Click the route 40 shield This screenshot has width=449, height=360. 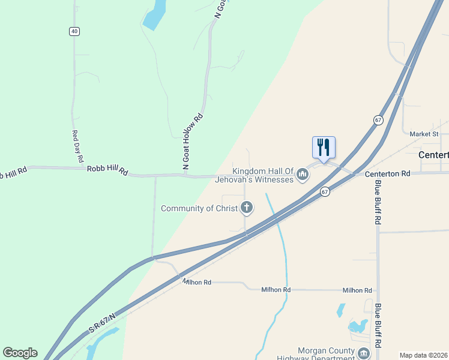coord(74,31)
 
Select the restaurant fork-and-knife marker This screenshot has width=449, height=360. coord(324,147)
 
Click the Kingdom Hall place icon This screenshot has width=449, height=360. coord(303,175)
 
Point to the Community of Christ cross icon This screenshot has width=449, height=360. coord(246,208)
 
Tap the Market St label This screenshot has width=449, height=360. coord(424,134)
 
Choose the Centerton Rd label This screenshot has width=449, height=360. coord(387,173)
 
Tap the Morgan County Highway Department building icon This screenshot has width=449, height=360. coord(364,353)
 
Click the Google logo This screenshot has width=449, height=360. coord(20,353)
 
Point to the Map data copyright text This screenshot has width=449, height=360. coord(423,355)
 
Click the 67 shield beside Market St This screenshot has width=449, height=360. coord(378,120)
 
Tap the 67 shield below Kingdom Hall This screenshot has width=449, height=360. coord(325,192)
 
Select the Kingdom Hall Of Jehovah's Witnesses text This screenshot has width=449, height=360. coord(264,175)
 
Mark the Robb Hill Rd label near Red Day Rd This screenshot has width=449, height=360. coord(107,171)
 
